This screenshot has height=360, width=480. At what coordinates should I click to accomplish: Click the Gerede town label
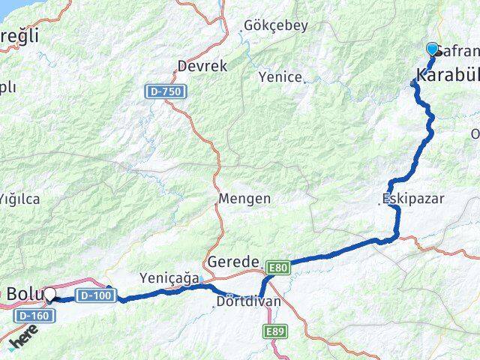[232, 262]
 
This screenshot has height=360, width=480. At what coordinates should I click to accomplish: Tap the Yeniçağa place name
[167, 277]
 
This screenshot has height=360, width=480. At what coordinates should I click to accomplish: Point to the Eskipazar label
[412, 199]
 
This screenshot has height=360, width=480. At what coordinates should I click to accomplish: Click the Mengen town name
[244, 199]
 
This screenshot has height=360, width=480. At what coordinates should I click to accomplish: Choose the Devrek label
[202, 66]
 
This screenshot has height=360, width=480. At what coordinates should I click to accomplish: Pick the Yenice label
[280, 76]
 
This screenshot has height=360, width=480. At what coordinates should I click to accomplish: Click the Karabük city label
[446, 75]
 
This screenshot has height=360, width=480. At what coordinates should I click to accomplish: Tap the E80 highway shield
[277, 266]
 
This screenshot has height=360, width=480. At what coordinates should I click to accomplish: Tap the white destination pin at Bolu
[50, 294]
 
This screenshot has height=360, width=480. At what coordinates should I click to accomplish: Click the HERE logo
[25, 343]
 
